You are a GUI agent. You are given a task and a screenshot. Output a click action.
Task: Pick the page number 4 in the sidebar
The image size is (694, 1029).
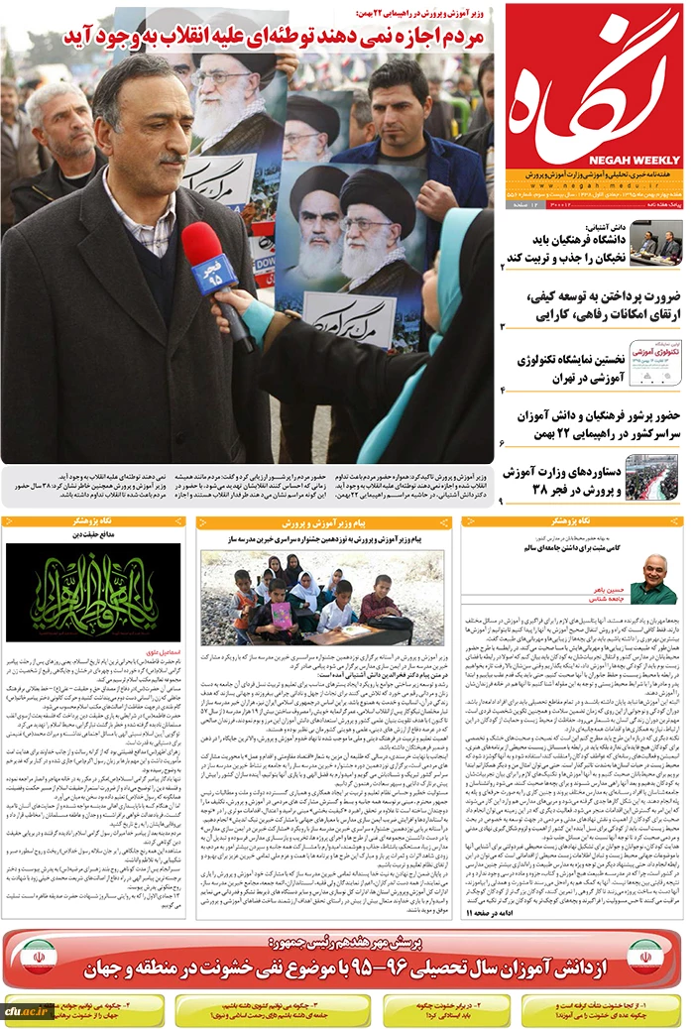503,390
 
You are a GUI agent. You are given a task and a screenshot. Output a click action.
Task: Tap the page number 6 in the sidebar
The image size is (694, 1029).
503,442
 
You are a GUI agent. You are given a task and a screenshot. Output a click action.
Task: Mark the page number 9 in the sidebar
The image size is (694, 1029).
503,502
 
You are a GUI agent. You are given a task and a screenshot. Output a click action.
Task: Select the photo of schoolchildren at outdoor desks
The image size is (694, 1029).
321,597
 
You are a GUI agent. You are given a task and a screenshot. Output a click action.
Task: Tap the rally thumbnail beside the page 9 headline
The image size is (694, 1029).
651,478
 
